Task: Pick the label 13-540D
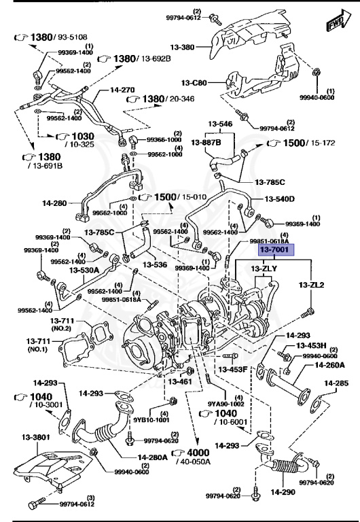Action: pos(281,199)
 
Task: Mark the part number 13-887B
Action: pos(205,143)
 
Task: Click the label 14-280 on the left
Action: pos(56,203)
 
